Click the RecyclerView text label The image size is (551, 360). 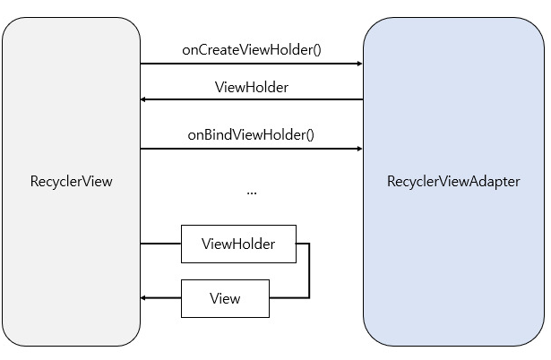pyautogui.click(x=71, y=181)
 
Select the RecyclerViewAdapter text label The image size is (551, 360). pyautogui.click(x=453, y=181)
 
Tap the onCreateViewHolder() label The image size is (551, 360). pyautogui.click(x=251, y=49)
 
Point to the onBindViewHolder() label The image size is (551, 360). pyautogui.click(x=251, y=135)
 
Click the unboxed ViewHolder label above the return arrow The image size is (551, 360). pyautogui.click(x=252, y=88)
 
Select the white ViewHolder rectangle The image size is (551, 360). pyautogui.click(x=238, y=244)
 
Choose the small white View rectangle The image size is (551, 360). pyautogui.click(x=225, y=298)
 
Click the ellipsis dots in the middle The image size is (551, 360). pyautogui.click(x=252, y=191)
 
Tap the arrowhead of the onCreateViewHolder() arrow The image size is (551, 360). pyautogui.click(x=358, y=64)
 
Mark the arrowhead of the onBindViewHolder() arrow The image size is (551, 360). pyautogui.click(x=358, y=150)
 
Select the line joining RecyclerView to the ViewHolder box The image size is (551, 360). pyautogui.click(x=160, y=243)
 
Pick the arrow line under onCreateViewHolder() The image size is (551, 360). pyautogui.click(x=251, y=64)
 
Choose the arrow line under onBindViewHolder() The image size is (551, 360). pyautogui.click(x=251, y=150)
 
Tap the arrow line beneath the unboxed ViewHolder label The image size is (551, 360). pyautogui.click(x=251, y=99)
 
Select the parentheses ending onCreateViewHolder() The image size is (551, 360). pyautogui.click(x=316, y=49)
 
